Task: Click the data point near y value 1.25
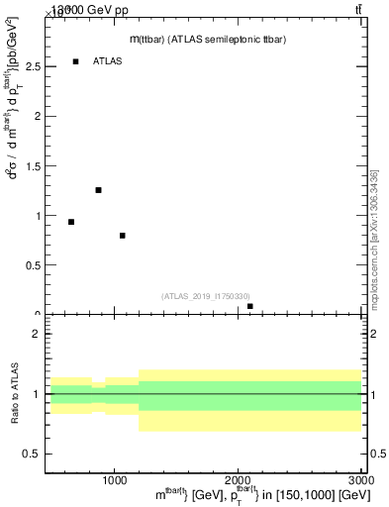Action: [98, 190]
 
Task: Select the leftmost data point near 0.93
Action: [71, 222]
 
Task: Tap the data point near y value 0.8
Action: [122, 236]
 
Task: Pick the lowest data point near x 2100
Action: [250, 307]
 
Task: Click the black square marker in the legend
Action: [76, 61]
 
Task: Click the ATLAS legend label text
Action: [108, 61]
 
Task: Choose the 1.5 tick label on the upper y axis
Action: [33, 166]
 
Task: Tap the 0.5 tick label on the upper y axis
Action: [33, 265]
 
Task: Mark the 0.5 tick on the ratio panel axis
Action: [33, 454]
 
